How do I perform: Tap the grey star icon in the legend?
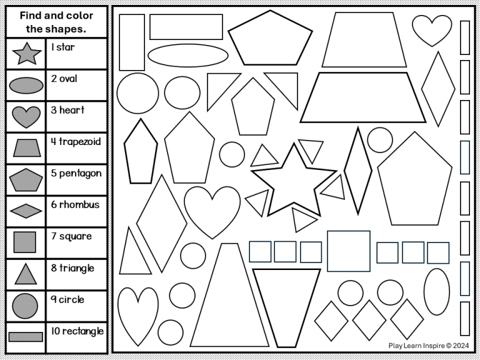[x=26, y=54]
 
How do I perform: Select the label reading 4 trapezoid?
[x=76, y=142]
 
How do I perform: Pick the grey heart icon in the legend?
[x=26, y=116]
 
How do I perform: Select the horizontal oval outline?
[x=187, y=55]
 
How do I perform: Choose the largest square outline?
[x=348, y=251]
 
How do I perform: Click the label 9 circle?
[x=68, y=299]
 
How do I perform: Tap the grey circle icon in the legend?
[x=26, y=305]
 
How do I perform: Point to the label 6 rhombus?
[x=75, y=204]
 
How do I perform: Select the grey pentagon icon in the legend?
[x=26, y=180]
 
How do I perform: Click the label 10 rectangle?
[x=77, y=331]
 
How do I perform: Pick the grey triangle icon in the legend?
[x=26, y=274]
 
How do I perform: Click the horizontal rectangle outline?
[x=186, y=26]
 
